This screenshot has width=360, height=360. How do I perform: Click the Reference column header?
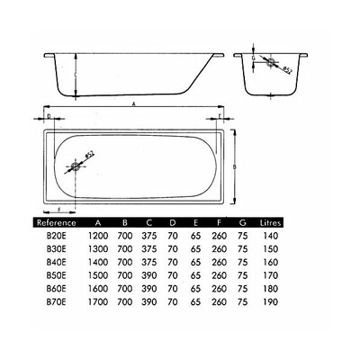pos(56,223)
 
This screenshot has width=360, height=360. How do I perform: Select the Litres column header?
pos(271,223)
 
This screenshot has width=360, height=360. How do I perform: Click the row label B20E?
pos(56,236)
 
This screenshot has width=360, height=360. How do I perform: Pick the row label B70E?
pos(56,301)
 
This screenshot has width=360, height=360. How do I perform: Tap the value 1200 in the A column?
pos(98,236)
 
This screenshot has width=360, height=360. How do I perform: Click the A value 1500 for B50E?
pos(98,275)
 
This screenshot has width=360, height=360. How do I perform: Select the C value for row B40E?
pos(149,262)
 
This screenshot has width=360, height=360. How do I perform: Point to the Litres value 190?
pos(271,301)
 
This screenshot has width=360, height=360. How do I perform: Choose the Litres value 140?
pos(271,236)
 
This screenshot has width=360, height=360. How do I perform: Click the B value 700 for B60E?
pos(124,289)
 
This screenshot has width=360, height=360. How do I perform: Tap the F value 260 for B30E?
pos(220,249)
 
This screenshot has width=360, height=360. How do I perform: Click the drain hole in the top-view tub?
pos(75,166)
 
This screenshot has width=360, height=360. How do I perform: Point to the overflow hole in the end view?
pos(271,62)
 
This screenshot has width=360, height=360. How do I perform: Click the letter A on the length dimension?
pos(134,103)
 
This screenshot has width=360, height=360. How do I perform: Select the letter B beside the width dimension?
pos(235,166)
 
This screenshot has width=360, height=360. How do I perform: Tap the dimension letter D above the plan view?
pos(49,116)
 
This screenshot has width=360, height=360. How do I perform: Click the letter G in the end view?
pos(254,58)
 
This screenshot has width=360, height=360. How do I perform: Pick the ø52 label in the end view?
pos(287,70)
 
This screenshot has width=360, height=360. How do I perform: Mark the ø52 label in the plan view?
pos(90,154)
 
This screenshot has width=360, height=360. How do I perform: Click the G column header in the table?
pos(243,223)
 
